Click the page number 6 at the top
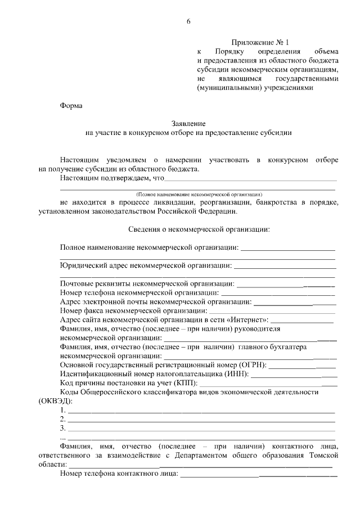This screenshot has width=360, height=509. coord(188,22)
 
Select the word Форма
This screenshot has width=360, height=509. coord(71,105)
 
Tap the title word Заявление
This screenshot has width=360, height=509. coord(188,124)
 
